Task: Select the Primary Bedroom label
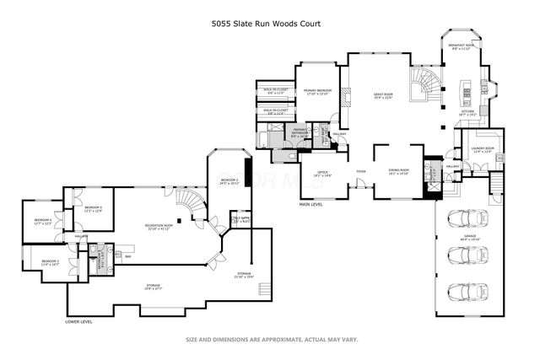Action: coord(317,90)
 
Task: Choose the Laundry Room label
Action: coord(483,151)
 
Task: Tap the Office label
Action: coord(323,174)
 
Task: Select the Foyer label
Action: coord(360,172)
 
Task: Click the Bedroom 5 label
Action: coord(51,263)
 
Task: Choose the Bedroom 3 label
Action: coord(93,209)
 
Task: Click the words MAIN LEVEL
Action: coord(311,205)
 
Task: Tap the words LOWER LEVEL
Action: coord(78,321)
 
